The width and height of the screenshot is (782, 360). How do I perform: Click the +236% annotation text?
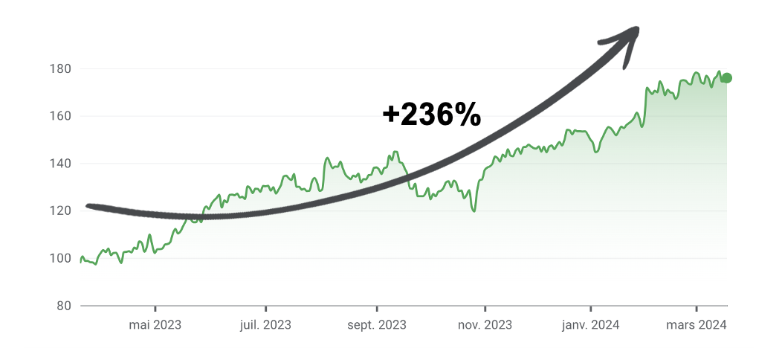click(431, 115)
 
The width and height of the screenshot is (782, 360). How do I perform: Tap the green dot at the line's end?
click(726, 78)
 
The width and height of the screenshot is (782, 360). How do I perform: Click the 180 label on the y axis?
click(60, 69)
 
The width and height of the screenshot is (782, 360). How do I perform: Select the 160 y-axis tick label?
click(60, 116)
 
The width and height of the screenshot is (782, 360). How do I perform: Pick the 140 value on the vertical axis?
click(60, 164)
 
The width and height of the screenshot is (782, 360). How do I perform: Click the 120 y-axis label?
click(60, 211)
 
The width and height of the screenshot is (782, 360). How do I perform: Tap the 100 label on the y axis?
click(60, 258)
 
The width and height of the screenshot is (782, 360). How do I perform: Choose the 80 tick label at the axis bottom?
click(63, 306)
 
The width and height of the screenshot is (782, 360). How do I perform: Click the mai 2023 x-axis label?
click(155, 324)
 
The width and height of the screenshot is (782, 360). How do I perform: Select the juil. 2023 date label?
click(265, 324)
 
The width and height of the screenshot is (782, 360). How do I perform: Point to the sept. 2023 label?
click(377, 324)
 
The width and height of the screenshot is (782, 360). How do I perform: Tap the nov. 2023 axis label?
click(485, 324)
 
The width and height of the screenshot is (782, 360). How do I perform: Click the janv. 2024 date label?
click(591, 324)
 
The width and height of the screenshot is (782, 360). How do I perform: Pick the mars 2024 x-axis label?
click(697, 324)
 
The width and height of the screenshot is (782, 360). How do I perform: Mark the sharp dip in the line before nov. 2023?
click(474, 211)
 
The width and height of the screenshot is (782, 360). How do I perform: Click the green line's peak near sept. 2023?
click(395, 152)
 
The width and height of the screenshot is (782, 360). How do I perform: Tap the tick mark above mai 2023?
click(155, 308)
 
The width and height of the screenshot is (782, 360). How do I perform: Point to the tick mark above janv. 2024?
click(591, 308)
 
